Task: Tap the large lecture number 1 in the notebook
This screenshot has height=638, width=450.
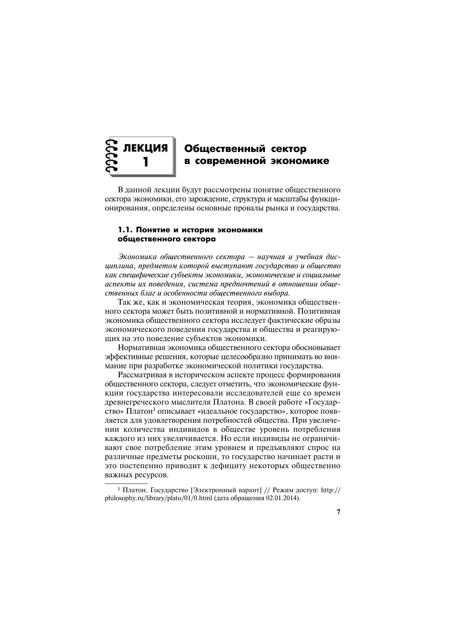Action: [146, 161]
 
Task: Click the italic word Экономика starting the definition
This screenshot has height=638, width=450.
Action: [137, 257]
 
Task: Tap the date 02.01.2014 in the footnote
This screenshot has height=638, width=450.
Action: [282, 498]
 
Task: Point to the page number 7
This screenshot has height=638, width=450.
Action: [338, 512]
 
